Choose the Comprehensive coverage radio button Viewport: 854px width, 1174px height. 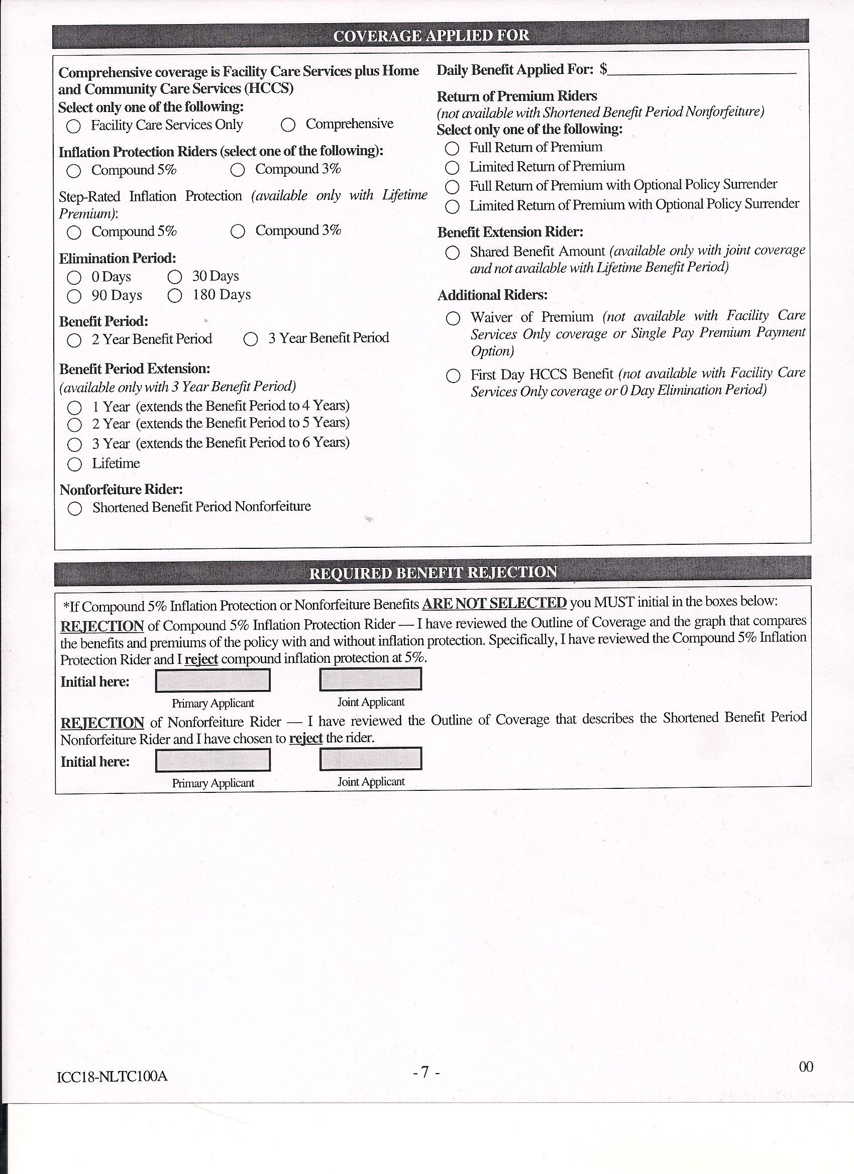point(288,125)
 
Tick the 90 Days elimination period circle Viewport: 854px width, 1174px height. point(74,296)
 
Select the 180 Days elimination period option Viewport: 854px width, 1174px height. point(175,296)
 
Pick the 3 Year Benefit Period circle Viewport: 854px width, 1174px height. point(251,339)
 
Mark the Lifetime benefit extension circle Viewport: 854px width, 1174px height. point(74,464)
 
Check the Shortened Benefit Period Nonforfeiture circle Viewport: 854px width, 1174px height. point(74,509)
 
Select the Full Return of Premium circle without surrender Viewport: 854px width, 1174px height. point(452,149)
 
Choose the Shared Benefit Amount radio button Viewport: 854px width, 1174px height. point(453,253)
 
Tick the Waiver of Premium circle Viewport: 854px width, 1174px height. point(453,318)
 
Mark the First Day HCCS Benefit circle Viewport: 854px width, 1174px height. point(453,376)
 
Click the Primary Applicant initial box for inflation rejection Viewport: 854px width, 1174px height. point(213,680)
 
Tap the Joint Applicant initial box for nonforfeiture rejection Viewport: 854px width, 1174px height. point(371,759)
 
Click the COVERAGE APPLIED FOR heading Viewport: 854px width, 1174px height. point(431,36)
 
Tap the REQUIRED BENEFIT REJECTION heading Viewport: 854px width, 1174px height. point(433,572)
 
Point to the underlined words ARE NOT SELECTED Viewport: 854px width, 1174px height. point(494,603)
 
